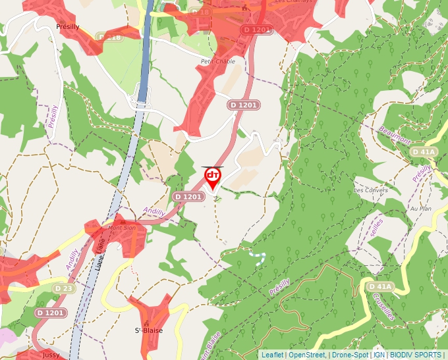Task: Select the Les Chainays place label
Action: pos(289,2)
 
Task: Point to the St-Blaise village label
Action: pos(148,330)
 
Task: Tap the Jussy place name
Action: pos(51,355)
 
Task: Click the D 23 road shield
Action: pos(64,288)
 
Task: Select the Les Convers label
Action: pos(371,190)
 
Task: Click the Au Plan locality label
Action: pos(420,209)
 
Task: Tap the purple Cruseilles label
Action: pos(383,306)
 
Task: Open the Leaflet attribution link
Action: pos(272,355)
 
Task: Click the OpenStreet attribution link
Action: pos(307,355)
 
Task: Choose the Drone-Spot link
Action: pos(350,355)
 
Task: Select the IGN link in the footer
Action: pos(379,355)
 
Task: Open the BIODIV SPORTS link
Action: pos(416,355)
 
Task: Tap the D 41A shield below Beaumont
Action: pos(424,152)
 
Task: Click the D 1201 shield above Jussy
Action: pos(50,313)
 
